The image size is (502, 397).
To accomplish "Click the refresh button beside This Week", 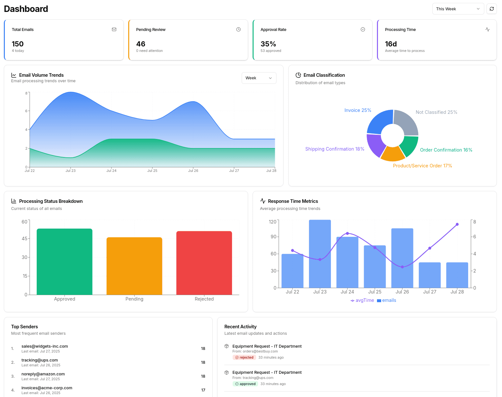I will (x=491, y=9).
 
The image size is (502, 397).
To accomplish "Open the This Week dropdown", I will (x=458, y=9).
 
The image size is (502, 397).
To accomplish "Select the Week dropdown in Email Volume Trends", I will (x=259, y=78).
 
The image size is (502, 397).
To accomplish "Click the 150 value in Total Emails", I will (x=18, y=44).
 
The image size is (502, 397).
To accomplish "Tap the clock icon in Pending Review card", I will (x=238, y=29).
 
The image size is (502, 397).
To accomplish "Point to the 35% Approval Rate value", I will (x=268, y=44).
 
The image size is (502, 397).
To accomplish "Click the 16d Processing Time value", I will (x=391, y=44).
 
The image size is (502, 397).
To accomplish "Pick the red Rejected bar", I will (x=204, y=263).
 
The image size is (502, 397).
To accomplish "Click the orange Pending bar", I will (x=134, y=266).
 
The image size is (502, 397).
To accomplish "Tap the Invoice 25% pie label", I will (x=358, y=110).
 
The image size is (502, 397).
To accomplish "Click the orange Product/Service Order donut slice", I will (x=392, y=154).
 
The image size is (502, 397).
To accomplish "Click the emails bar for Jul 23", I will (x=320, y=253).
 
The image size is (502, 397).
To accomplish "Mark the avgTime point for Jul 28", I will (x=457, y=224).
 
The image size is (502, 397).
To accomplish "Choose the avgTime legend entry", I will (x=362, y=300).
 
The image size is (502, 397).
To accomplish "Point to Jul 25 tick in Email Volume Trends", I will (x=152, y=171).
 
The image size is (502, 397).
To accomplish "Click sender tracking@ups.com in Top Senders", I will (x=40, y=360).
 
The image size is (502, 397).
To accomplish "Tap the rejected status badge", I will (x=244, y=357).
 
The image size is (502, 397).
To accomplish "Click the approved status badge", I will (x=245, y=384).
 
